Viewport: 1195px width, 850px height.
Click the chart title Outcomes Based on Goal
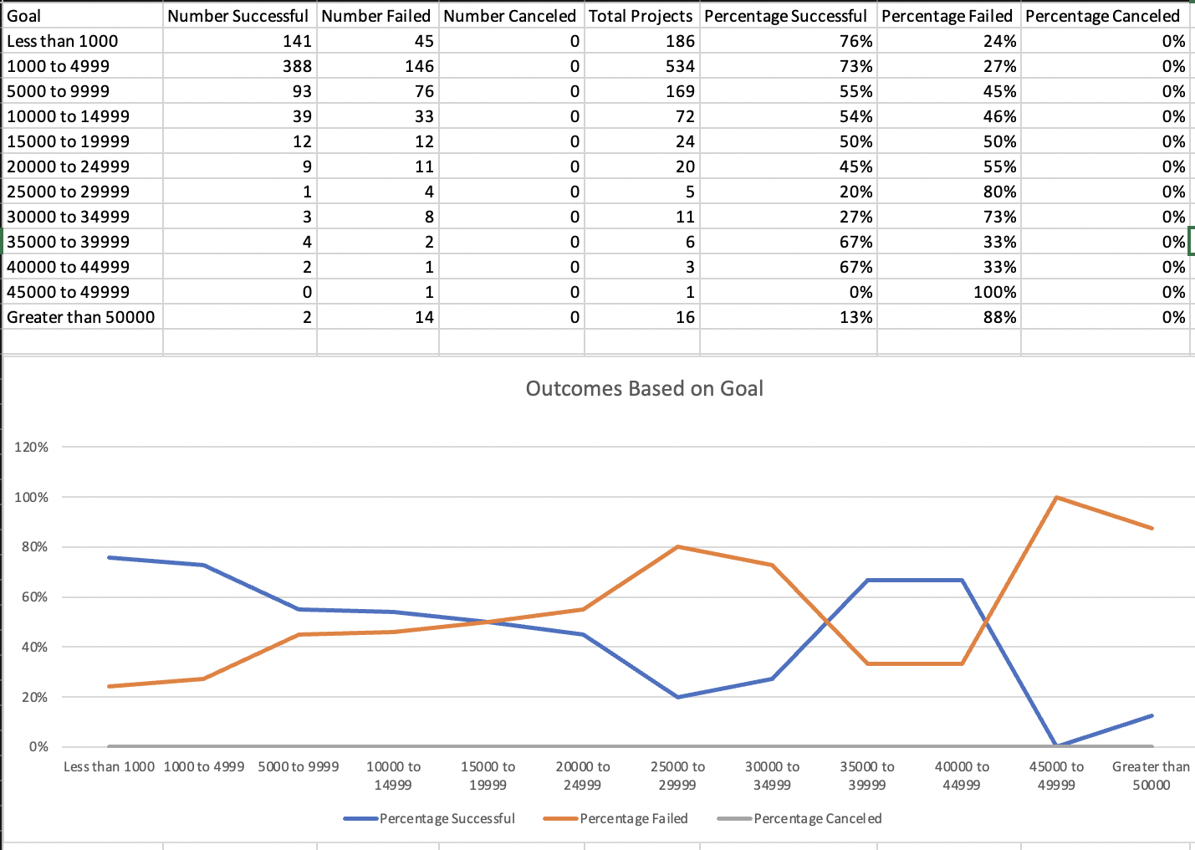coord(644,389)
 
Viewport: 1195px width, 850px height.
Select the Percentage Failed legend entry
coord(633,818)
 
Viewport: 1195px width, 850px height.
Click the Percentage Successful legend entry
coord(447,818)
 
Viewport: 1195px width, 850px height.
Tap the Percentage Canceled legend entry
coord(817,818)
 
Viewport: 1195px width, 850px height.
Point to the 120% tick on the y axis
coord(32,448)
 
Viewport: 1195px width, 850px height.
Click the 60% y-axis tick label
coord(32,597)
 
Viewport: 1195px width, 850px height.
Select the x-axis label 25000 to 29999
coord(677,776)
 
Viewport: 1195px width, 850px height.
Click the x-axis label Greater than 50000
coord(1151,776)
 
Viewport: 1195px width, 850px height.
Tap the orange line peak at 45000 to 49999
coord(1057,498)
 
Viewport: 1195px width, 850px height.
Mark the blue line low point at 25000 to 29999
coord(677,697)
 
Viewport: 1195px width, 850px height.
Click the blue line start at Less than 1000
coord(110,557)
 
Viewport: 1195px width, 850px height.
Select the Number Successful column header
coord(238,16)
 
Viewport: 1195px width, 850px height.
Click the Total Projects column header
coord(641,16)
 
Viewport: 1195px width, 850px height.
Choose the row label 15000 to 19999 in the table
coord(69,141)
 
